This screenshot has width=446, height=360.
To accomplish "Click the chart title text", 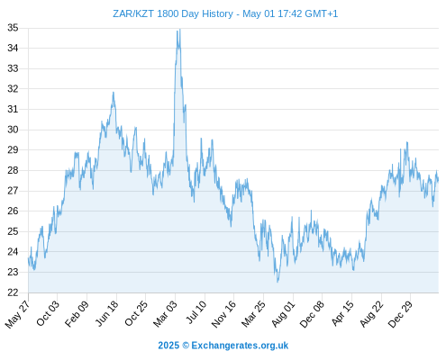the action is point(225,13).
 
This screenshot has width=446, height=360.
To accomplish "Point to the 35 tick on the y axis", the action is point(13,28).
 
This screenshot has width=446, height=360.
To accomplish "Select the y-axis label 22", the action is point(13,292).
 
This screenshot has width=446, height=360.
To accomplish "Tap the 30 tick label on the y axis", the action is point(13,130).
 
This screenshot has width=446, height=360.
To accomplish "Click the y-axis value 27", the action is point(13,191).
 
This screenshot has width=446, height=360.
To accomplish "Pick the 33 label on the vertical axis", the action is point(13,68).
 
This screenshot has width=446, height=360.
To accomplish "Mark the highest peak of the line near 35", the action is point(179,29).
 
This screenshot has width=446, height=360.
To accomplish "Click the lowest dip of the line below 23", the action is point(278,282).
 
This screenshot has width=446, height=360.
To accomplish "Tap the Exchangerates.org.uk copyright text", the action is point(223,346).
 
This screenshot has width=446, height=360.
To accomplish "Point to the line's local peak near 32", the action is point(114,92).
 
